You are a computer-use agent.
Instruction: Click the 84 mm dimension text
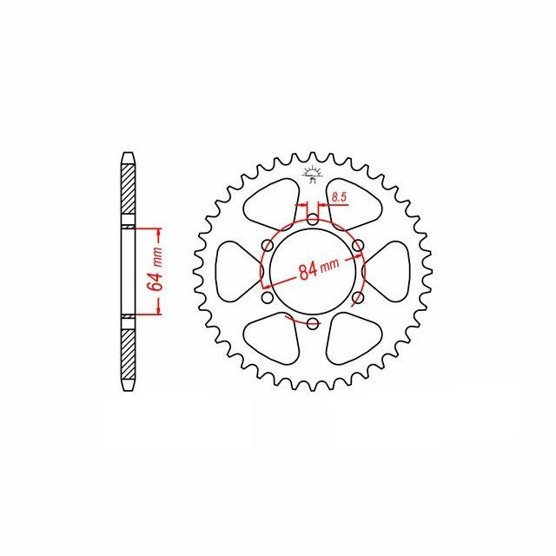pos(319,268)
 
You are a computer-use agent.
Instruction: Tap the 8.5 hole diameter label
pos(340,197)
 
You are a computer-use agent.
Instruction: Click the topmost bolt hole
pos(313,220)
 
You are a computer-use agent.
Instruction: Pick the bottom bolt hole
pos(313,323)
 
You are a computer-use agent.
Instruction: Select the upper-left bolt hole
pos(268,245)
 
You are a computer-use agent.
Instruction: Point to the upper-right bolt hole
pos(358,245)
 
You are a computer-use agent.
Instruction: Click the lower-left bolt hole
pos(268,297)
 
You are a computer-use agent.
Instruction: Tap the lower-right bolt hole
pos(358,297)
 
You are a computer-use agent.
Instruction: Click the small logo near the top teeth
pos(312,175)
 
